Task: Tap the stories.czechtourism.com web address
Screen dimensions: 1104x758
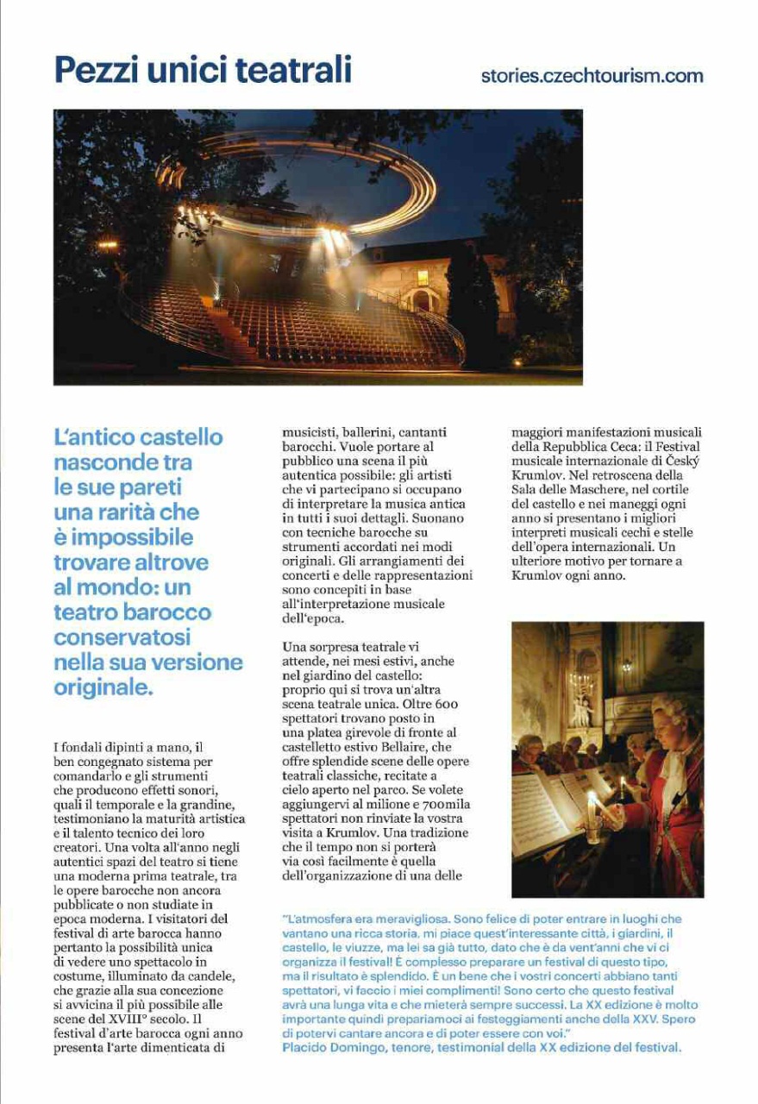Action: pyautogui.click(x=592, y=76)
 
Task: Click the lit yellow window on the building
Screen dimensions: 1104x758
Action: pyautogui.click(x=423, y=277)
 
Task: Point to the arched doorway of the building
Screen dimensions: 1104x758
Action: pyautogui.click(x=423, y=301)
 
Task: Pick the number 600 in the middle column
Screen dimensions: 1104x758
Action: pyautogui.click(x=442, y=705)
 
